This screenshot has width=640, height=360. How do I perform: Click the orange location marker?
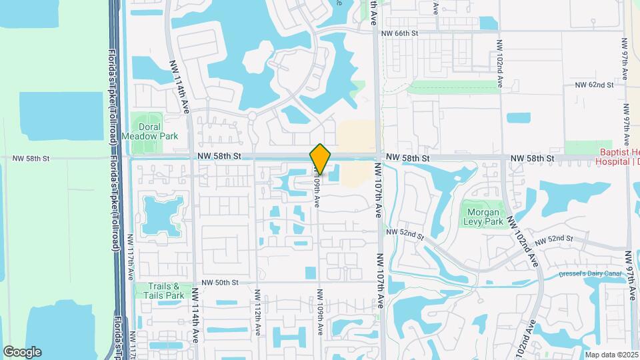[320, 159]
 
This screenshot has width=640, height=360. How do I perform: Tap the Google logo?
[22, 352]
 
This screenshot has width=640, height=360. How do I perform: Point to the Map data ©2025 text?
[611, 354]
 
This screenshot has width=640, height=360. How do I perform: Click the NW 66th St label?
[400, 33]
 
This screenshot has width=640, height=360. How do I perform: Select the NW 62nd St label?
[594, 85]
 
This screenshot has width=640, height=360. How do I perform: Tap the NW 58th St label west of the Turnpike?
[31, 159]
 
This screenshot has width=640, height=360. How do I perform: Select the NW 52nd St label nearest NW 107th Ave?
[405, 234]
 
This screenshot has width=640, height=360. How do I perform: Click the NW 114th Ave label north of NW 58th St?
[179, 84]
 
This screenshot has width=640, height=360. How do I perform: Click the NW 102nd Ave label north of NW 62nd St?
[499, 64]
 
